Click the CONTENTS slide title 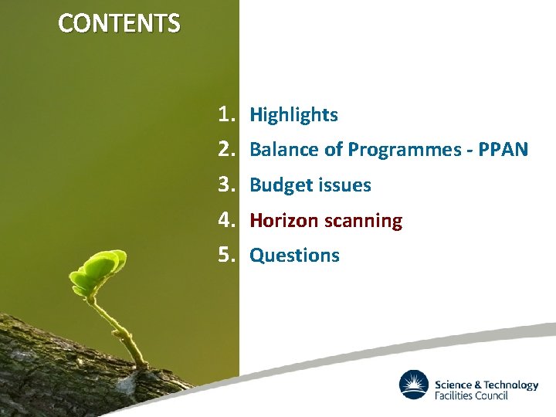pyautogui.click(x=119, y=24)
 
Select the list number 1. pyautogui.click(x=225, y=115)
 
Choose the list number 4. pyautogui.click(x=225, y=221)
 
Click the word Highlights pyautogui.click(x=293, y=116)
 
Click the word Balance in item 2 pyautogui.click(x=278, y=150)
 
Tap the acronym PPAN pyautogui.click(x=503, y=150)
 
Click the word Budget pyautogui.click(x=276, y=185)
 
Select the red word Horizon pyautogui.click(x=283, y=221)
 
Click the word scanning pyautogui.click(x=363, y=221)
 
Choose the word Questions pyautogui.click(x=294, y=256)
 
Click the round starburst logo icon pyautogui.click(x=414, y=385)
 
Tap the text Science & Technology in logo pyautogui.click(x=486, y=385)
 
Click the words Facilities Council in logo pyautogui.click(x=471, y=396)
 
